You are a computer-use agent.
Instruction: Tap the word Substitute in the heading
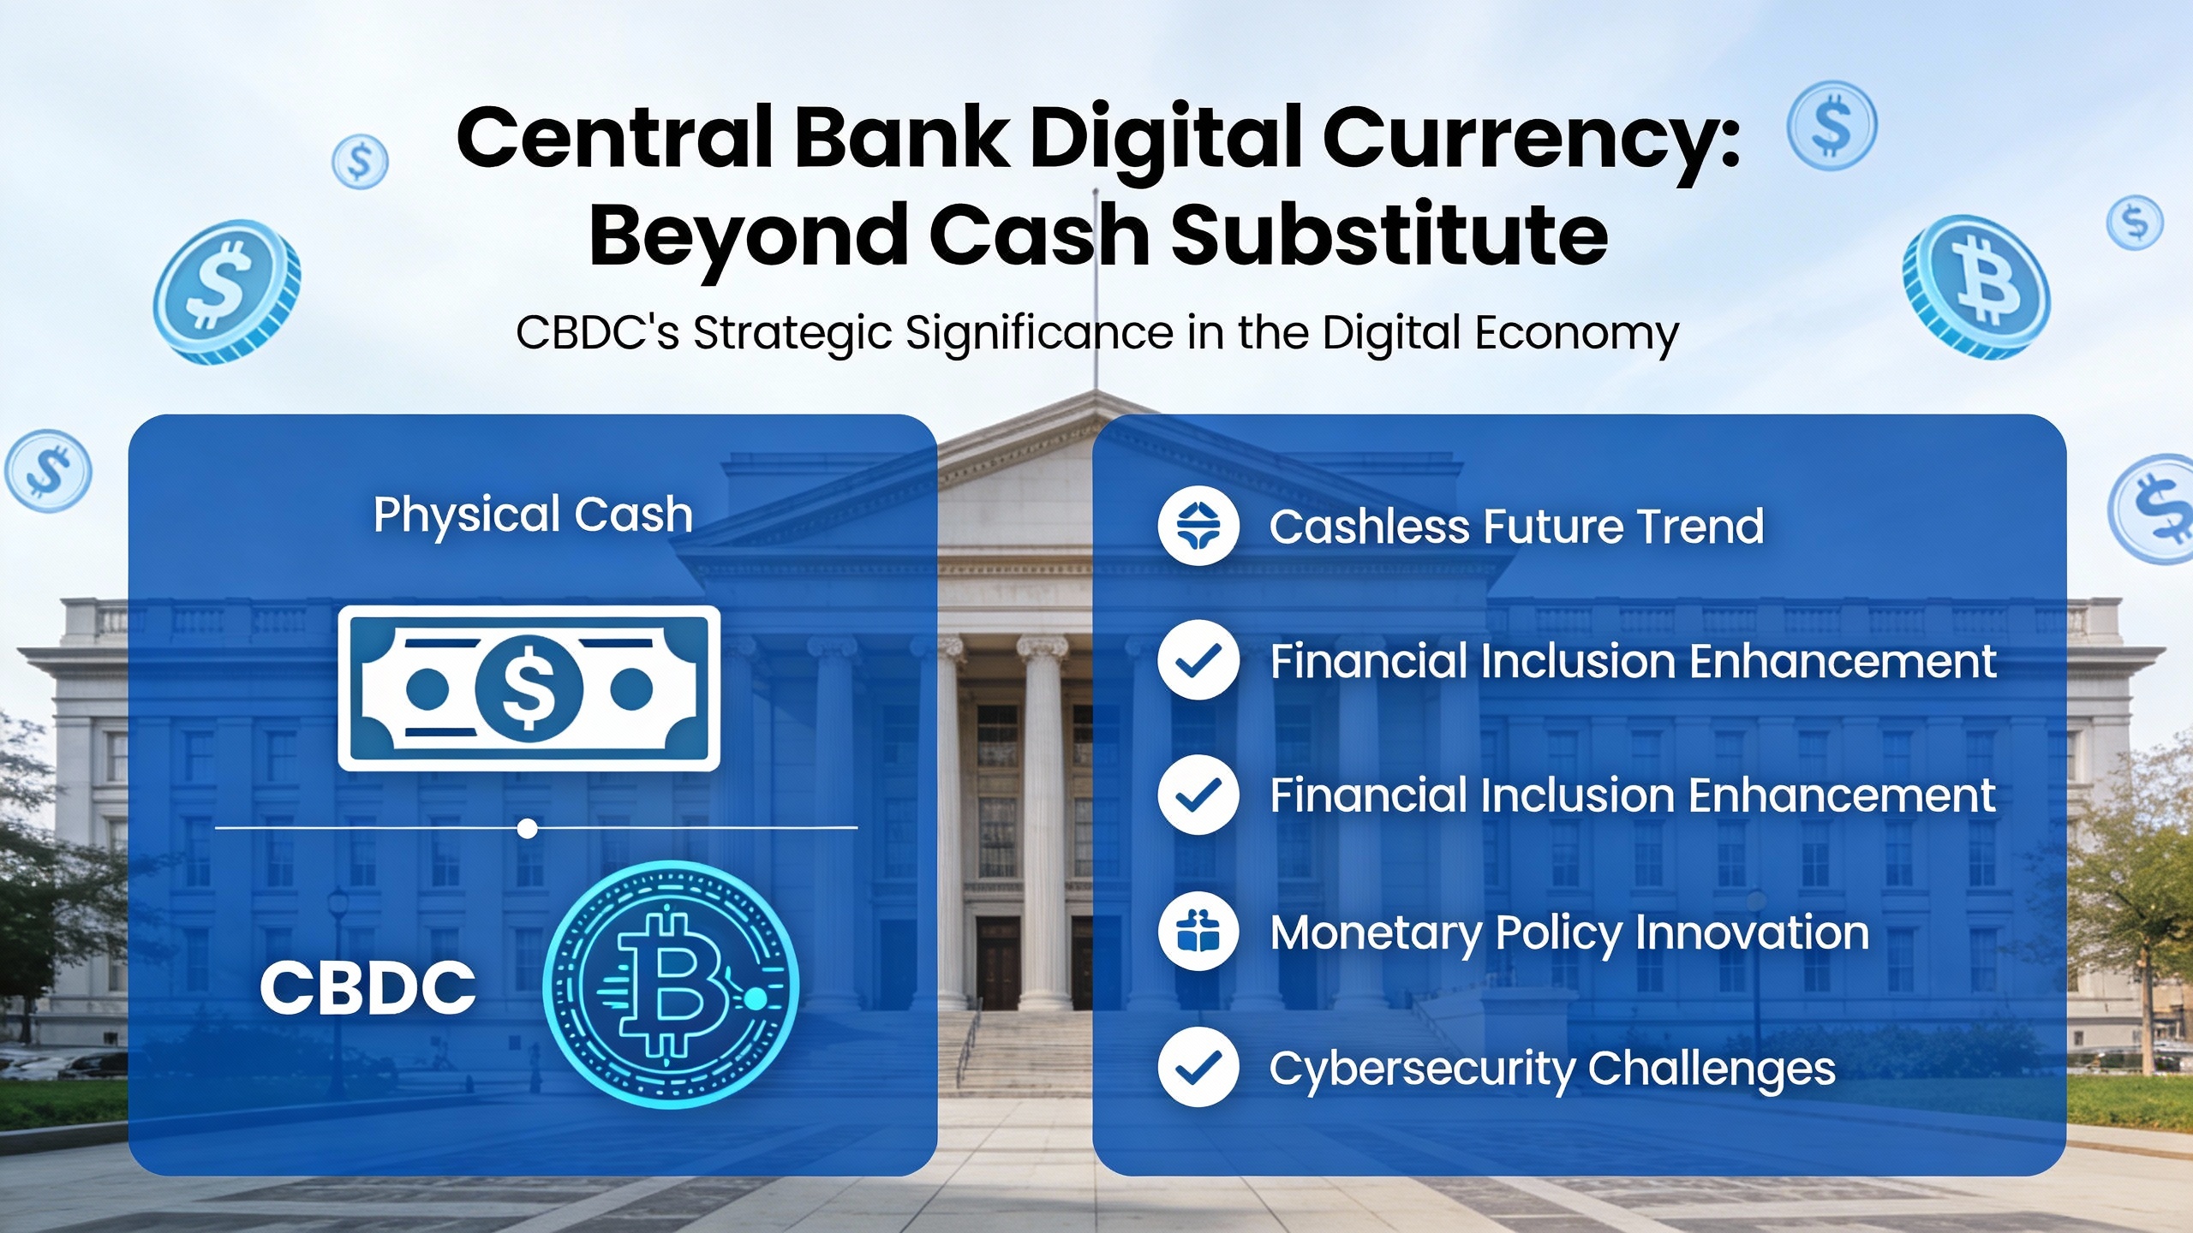(1389, 235)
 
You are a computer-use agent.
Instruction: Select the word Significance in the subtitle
(1040, 332)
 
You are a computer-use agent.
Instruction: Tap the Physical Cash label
(533, 515)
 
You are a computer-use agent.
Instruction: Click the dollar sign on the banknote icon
(529, 688)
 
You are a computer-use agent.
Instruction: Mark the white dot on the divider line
(528, 828)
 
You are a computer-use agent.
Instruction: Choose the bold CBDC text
(367, 987)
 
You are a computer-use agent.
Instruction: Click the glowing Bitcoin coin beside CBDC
(670, 985)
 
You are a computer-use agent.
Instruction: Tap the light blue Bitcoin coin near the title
(1976, 287)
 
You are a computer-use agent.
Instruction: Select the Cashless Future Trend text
(1516, 526)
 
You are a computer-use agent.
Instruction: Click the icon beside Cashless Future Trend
(1198, 526)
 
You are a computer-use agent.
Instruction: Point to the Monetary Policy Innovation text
(1569, 933)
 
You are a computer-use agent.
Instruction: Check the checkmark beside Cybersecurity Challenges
(1198, 1067)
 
